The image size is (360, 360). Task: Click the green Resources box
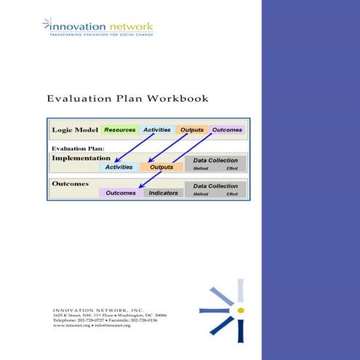pyautogui.click(x=120, y=130)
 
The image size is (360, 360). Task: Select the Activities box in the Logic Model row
pyautogui.click(x=156, y=130)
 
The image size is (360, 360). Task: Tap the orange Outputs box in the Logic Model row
pyautogui.click(x=192, y=130)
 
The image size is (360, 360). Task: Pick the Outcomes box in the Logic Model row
pyautogui.click(x=227, y=130)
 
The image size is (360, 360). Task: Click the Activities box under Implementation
pyautogui.click(x=119, y=167)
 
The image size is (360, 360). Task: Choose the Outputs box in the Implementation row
pyautogui.click(x=161, y=167)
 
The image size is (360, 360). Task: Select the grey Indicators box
pyautogui.click(x=163, y=193)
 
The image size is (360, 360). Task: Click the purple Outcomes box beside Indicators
pyautogui.click(x=121, y=193)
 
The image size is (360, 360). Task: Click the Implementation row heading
pyautogui.click(x=81, y=157)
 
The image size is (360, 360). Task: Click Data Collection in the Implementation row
pyautogui.click(x=215, y=160)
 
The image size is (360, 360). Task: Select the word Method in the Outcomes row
pyautogui.click(x=200, y=194)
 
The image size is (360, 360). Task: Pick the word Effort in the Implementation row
pyautogui.click(x=232, y=168)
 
